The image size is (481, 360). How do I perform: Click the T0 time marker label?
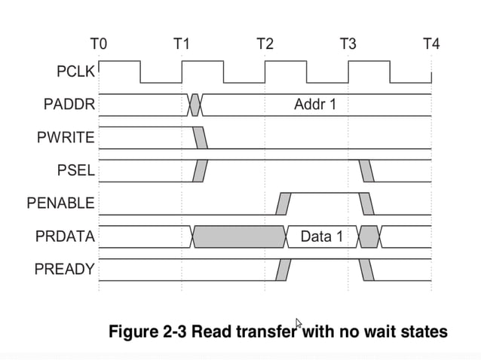[99, 44]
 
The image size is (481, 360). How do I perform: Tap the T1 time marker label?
[182, 44]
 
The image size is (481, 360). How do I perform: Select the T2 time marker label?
[265, 44]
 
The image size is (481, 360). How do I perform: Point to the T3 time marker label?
[348, 44]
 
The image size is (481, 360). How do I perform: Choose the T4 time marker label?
[430, 44]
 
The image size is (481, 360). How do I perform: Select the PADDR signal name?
[69, 105]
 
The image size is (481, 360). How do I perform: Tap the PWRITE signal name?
[66, 138]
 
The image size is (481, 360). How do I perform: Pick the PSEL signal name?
[76, 170]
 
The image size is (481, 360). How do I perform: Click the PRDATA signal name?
[65, 236]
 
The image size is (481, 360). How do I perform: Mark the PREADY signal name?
[65, 269]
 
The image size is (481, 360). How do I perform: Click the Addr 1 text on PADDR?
[314, 105]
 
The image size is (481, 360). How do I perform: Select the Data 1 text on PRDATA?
[321, 236]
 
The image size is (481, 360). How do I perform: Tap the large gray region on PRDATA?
[240, 236]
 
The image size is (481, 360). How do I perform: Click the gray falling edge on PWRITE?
[201, 138]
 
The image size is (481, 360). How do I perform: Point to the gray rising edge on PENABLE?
[283, 203]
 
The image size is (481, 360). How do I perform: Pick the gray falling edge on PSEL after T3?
[366, 171]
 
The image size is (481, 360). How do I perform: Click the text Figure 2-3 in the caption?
[147, 331]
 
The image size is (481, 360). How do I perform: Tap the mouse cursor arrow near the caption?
[299, 324]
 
